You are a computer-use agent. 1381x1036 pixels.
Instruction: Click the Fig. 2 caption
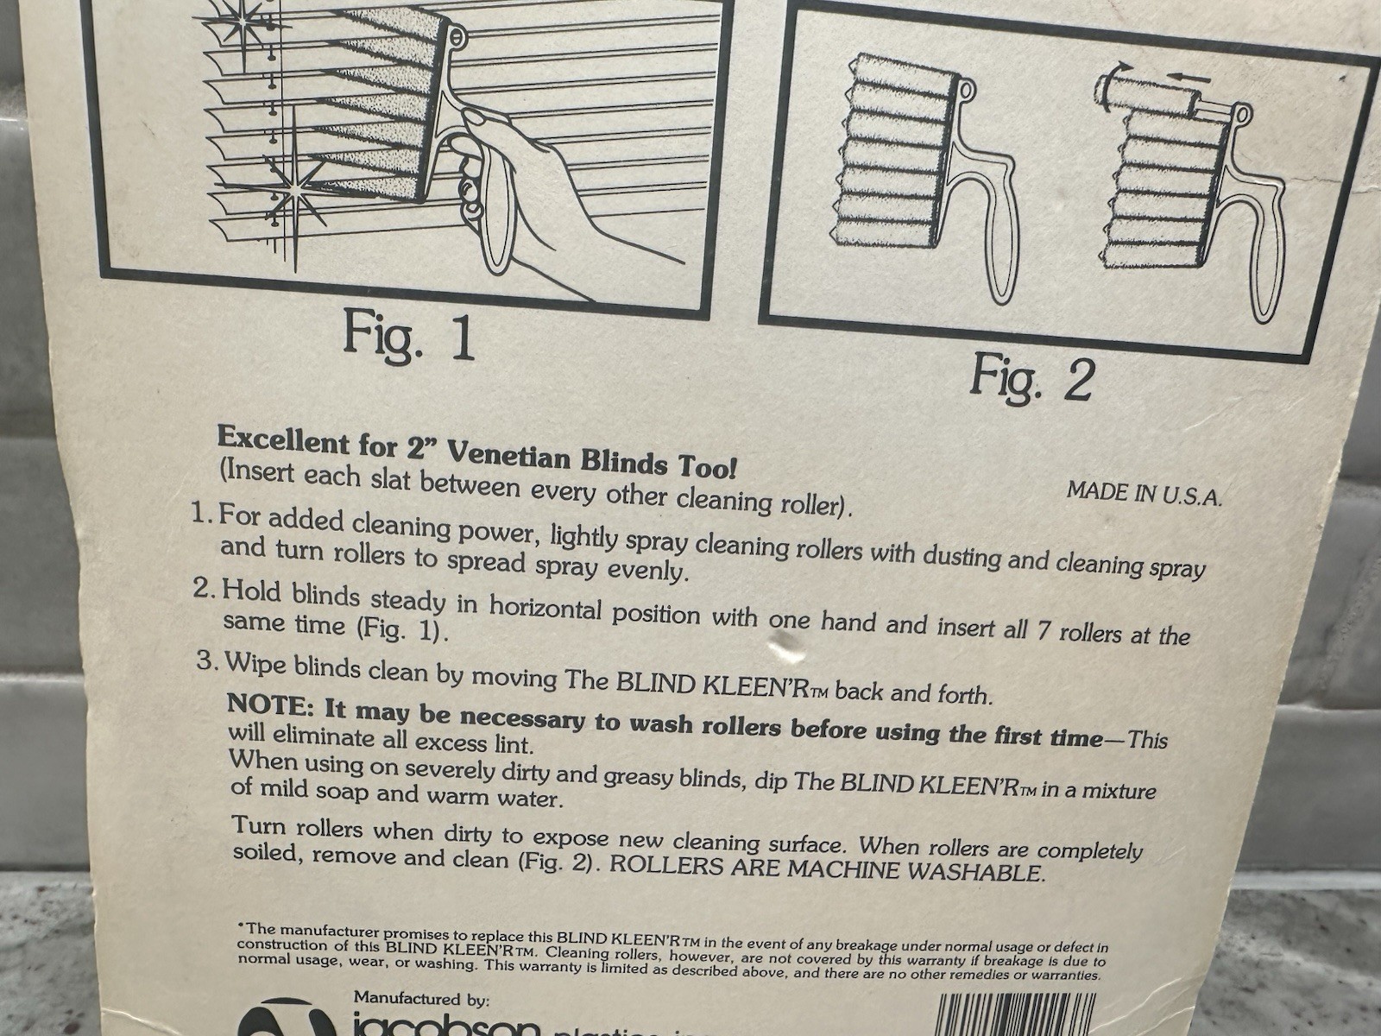pos(1032,378)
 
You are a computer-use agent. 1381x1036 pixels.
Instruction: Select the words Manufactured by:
pos(421,998)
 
